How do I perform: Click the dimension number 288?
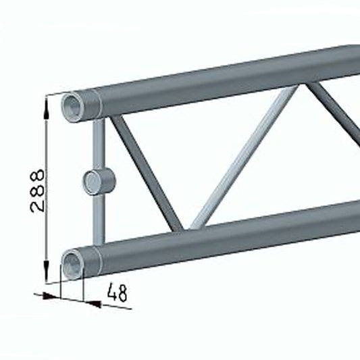(38, 191)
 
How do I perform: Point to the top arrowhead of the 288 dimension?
(47, 101)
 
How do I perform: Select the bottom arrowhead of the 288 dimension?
(47, 276)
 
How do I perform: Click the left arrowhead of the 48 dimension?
(54, 297)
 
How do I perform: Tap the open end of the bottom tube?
(72, 261)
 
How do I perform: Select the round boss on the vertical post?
(99, 182)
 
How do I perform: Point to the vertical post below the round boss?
(99, 220)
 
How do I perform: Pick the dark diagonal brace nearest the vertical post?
(145, 172)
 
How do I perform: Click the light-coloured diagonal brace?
(243, 159)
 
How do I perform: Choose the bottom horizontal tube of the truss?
(223, 236)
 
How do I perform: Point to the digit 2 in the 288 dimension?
(38, 205)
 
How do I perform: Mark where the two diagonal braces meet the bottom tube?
(186, 226)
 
